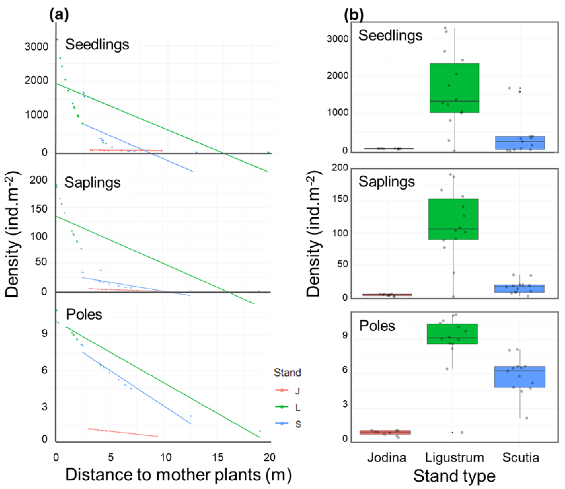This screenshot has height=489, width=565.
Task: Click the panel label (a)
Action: tap(59, 15)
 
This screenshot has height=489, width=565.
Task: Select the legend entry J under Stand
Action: tap(297, 391)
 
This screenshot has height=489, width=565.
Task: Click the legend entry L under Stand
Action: tap(297, 408)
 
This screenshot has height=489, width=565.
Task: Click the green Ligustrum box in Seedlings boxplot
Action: tap(454, 88)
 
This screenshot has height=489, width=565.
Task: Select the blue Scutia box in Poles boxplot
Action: tap(520, 377)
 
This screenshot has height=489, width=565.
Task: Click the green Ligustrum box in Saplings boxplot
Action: tap(453, 219)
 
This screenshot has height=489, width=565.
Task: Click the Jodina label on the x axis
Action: tap(387, 458)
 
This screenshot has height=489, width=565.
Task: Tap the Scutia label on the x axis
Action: tap(521, 458)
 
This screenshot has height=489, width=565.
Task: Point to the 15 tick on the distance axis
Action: tap(217, 457)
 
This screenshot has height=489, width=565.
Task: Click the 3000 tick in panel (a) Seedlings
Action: tap(36, 46)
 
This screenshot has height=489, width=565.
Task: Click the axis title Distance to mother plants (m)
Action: tap(178, 475)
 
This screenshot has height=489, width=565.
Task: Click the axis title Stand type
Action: tap(454, 476)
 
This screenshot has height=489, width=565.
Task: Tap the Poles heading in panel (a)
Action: tap(84, 314)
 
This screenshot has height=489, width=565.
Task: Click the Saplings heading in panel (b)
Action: tap(387, 182)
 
